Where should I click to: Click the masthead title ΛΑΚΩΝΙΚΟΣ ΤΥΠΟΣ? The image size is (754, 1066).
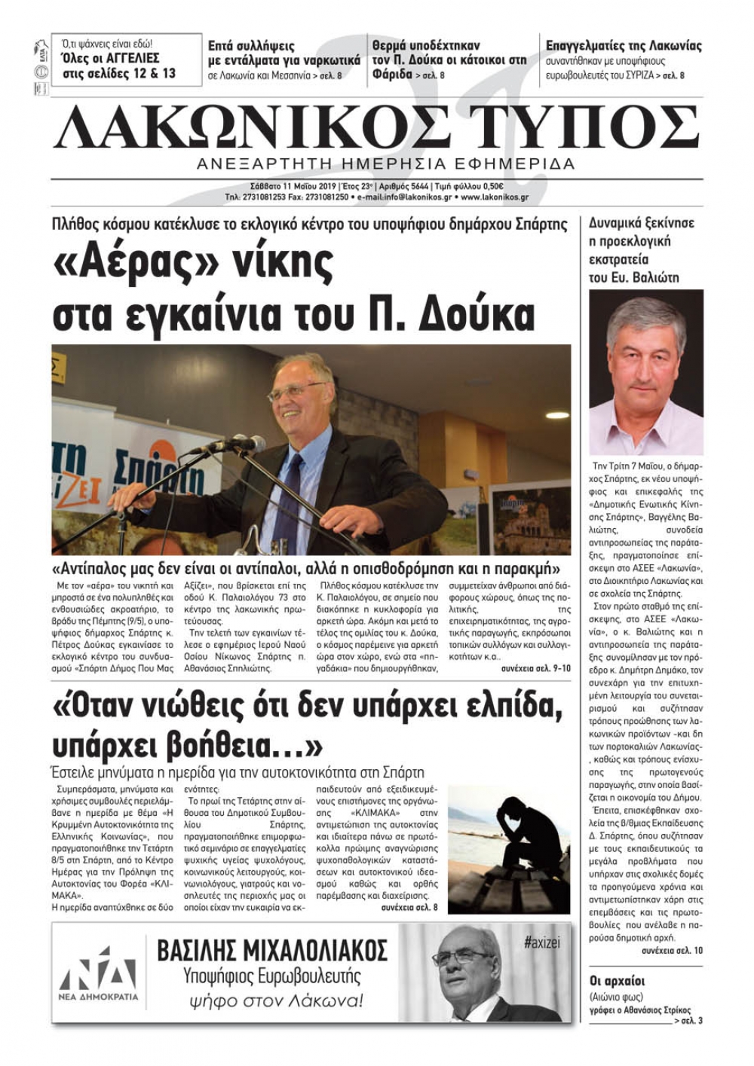point(376,127)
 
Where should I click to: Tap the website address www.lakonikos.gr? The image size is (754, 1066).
point(495,197)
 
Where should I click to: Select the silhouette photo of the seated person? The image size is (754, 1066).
point(509,848)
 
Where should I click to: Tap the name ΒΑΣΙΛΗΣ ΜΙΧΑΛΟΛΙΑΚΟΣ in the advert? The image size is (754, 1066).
point(272,951)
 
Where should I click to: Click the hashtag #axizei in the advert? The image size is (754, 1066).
point(541,942)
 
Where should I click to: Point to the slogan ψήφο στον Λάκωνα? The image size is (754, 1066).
point(276,1001)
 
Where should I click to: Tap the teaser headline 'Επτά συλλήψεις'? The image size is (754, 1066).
point(251,46)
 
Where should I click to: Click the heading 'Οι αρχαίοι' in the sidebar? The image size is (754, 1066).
point(617,981)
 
